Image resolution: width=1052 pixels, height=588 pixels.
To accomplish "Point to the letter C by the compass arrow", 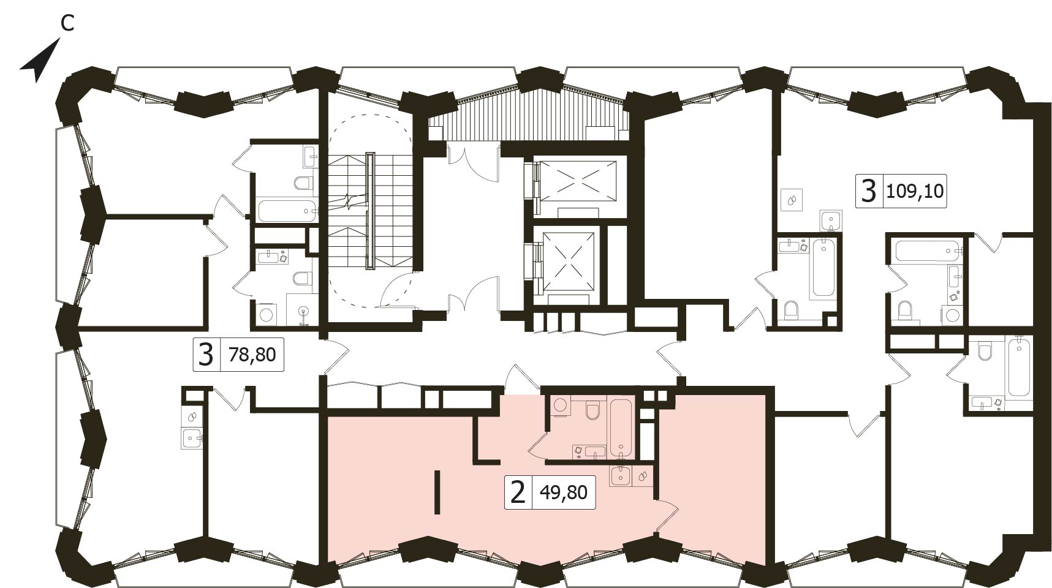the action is pyautogui.click(x=67, y=23).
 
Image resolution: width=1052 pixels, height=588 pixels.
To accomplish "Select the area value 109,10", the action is pyautogui.click(x=915, y=193).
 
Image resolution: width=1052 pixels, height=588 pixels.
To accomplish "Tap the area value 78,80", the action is pyautogui.click(x=252, y=354).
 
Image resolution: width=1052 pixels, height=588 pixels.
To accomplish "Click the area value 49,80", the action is pyautogui.click(x=564, y=492).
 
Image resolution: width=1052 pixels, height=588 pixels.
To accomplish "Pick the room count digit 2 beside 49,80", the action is pyautogui.click(x=518, y=492).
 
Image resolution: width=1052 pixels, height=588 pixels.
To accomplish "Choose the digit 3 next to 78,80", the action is pyautogui.click(x=207, y=354).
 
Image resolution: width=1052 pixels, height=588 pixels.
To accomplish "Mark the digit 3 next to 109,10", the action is pyautogui.click(x=869, y=190).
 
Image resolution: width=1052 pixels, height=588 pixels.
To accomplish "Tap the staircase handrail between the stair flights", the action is pyautogui.click(x=370, y=211).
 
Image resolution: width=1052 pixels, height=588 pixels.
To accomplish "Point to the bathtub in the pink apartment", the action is pyautogui.click(x=620, y=427).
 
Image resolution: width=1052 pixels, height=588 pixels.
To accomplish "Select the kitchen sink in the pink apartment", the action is pyautogui.click(x=621, y=475).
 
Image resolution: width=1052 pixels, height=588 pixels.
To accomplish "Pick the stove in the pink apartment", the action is pyautogui.click(x=643, y=475).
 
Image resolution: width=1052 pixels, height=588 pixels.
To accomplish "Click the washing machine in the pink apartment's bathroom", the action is pyautogui.click(x=559, y=407).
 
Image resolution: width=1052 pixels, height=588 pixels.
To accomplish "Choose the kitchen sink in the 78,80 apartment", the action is pyautogui.click(x=192, y=438).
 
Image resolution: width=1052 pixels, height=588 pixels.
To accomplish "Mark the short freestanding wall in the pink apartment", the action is pyautogui.click(x=437, y=492).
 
